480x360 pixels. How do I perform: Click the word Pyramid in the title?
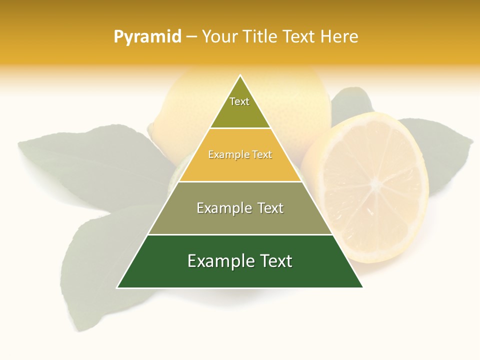point(147,37)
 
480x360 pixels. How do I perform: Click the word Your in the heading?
point(219,37)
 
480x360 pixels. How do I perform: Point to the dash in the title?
point(191,37)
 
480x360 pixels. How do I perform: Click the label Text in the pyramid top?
point(239,101)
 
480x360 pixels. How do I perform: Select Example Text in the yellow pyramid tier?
point(240,155)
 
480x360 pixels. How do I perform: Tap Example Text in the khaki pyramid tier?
point(240,208)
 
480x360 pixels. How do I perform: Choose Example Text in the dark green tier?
point(240,261)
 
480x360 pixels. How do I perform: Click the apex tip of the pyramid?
point(240,76)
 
